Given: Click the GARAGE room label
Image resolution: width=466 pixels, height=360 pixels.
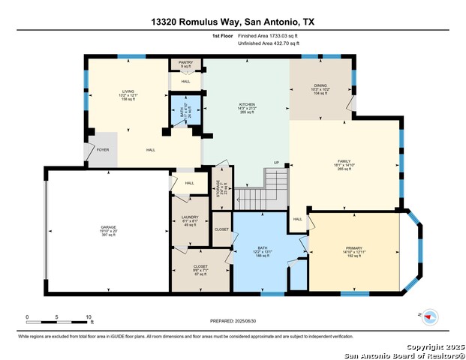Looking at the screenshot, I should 109,226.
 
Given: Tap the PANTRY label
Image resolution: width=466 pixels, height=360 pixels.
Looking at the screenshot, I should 185,64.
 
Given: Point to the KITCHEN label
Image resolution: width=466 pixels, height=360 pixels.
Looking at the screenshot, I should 247,104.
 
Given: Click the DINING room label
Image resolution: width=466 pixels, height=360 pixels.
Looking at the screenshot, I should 320,86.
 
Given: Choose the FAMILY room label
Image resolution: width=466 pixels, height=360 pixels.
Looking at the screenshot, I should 344,161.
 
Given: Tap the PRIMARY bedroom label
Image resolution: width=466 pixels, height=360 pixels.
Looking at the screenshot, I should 353,248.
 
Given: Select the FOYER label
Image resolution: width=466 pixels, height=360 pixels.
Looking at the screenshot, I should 103,150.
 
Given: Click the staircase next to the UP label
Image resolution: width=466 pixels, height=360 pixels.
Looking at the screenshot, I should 263,191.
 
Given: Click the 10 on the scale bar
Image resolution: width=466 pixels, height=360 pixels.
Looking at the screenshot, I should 89,317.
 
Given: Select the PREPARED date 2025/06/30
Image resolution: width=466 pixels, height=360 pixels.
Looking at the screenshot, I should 233,320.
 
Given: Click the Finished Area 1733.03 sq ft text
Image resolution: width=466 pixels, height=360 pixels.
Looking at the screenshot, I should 268,35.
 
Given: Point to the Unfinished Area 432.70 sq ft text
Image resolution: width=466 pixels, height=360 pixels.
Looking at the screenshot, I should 268,43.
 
